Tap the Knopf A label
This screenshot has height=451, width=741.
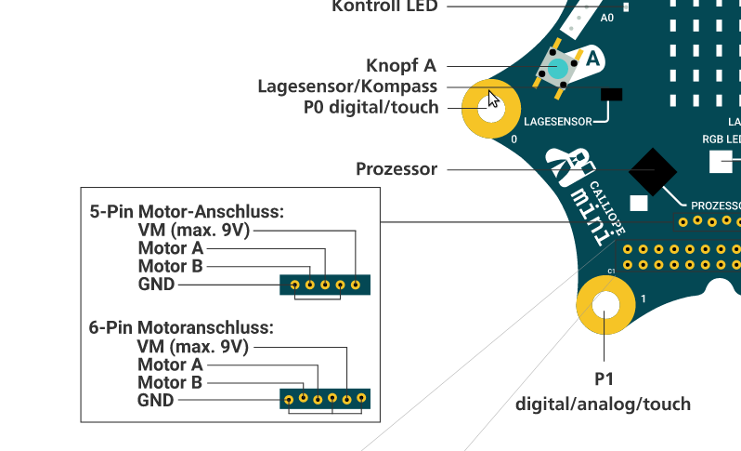401,65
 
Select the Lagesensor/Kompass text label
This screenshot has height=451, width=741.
347,86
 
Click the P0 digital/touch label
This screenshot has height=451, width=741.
370,107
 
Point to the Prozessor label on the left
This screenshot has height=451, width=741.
396,169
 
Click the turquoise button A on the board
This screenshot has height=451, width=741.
558,69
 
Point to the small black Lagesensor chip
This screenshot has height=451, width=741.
612,95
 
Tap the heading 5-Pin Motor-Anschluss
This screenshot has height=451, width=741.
186,211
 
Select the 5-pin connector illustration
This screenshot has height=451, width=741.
325,285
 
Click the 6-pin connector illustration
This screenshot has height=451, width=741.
325,399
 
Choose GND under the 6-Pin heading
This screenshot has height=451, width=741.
155,400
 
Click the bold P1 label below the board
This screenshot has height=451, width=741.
604,379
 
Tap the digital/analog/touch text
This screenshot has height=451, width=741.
604,404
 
